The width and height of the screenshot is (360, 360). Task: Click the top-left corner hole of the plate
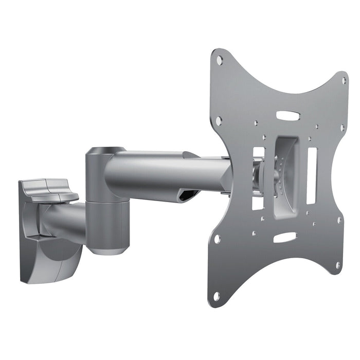coord(220,60)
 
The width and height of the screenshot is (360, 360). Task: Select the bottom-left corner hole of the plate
coord(217,296)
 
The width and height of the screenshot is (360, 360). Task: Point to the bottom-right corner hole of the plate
coord(338,265)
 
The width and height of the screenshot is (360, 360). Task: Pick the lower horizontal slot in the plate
coord(284,237)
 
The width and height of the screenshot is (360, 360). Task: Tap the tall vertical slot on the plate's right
coord(312,175)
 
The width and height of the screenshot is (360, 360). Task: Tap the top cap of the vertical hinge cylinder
coord(105,151)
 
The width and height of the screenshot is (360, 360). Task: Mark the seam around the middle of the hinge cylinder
coord(106,202)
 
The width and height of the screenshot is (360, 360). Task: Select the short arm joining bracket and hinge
coord(67,219)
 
